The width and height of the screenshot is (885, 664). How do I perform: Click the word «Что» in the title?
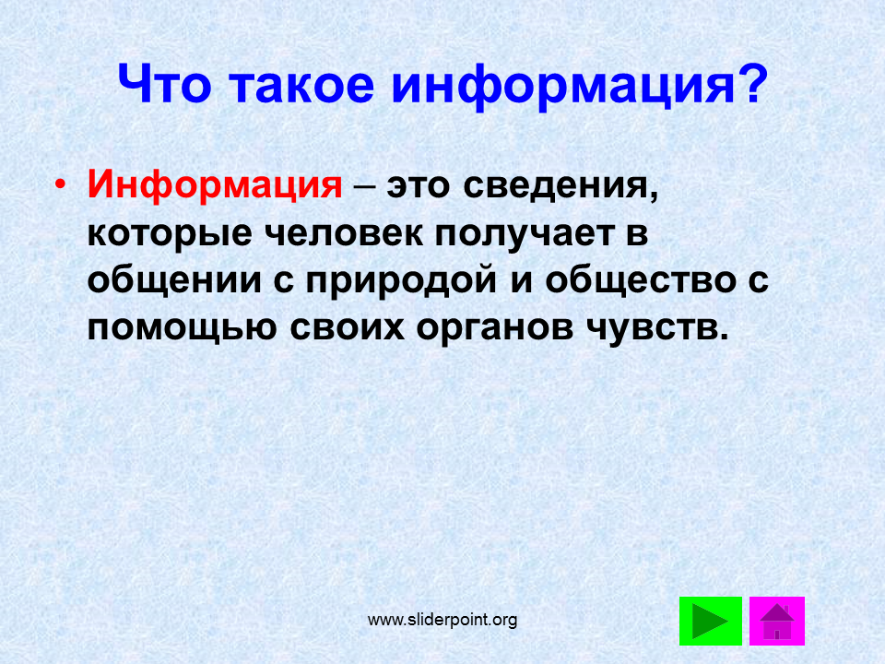pos(164,85)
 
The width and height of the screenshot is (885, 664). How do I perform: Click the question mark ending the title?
pos(751,83)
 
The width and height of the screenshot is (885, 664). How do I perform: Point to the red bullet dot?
pos(60,185)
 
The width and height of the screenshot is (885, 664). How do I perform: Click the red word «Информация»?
pos(215,185)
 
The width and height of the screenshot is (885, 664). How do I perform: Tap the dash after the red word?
pos(364,187)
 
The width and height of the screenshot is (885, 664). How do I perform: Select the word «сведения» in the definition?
pos(560,186)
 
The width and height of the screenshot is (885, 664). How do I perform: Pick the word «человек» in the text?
pos(344,232)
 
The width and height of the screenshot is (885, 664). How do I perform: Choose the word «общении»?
pos(174,280)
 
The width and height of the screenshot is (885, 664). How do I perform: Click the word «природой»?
pos(401,280)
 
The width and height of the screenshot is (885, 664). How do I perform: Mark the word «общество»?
pos(641,280)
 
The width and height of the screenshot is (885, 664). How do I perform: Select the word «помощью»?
pos(182,327)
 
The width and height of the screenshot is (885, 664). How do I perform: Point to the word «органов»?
pos(495,328)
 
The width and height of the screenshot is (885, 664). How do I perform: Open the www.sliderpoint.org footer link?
pos(442,620)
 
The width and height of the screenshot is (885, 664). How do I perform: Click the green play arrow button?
pos(710,621)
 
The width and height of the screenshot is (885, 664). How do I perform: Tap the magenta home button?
pos(776,621)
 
